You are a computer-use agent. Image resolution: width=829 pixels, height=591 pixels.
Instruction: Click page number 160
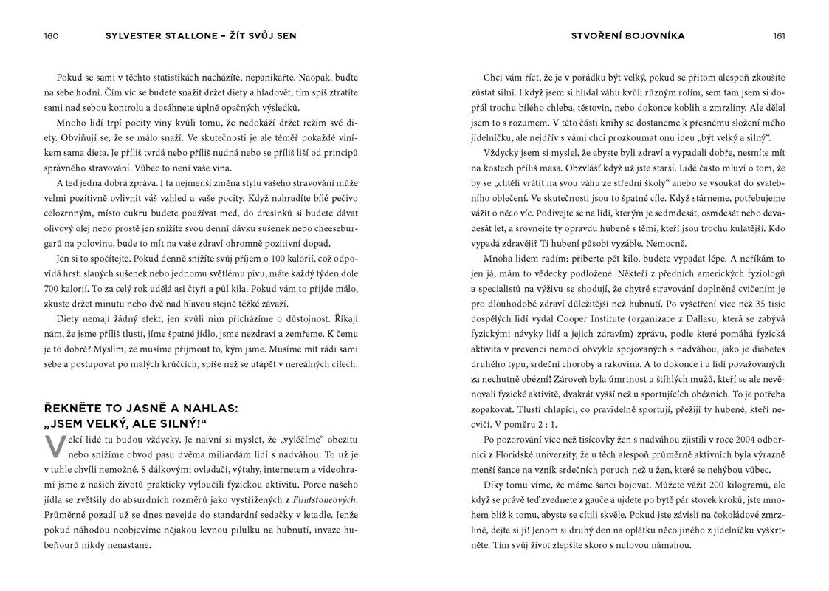point(51,35)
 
